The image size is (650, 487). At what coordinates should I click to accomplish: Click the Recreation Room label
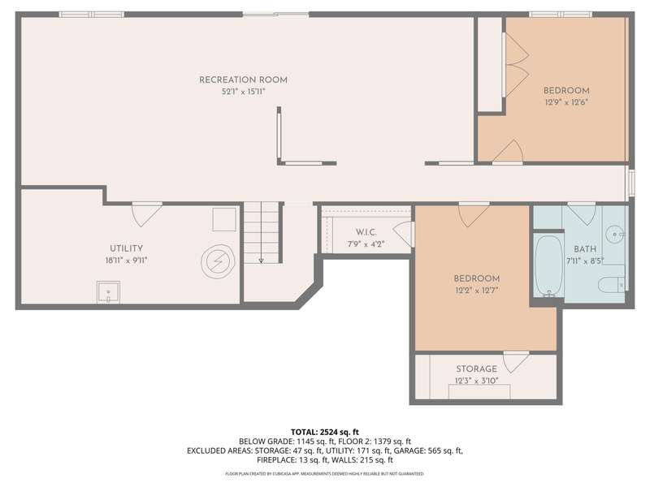tap(243, 80)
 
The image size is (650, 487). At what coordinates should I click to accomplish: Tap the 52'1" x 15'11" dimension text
tap(243, 92)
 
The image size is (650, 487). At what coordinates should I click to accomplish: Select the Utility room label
tap(127, 248)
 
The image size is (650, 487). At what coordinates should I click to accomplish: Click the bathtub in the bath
tap(549, 266)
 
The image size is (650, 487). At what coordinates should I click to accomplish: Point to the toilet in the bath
tap(612, 285)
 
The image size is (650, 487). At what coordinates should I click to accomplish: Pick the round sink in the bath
tap(615, 234)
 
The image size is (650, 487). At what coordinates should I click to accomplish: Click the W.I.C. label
tap(366, 232)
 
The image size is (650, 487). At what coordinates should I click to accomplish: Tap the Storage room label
tap(477, 369)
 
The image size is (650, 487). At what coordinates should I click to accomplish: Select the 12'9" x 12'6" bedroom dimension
tap(566, 102)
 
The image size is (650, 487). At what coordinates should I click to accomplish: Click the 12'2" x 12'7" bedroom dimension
tap(477, 291)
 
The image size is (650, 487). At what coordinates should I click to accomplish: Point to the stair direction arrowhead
tap(261, 261)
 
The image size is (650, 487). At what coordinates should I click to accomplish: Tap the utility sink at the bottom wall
tap(109, 292)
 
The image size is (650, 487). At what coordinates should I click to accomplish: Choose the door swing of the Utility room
tap(147, 214)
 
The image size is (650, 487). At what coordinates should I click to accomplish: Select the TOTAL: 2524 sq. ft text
tap(324, 433)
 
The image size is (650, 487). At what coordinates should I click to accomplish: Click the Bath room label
tap(585, 249)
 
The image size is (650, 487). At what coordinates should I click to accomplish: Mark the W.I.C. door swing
tap(403, 235)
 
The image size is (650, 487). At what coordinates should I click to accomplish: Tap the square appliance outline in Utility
tap(224, 219)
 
